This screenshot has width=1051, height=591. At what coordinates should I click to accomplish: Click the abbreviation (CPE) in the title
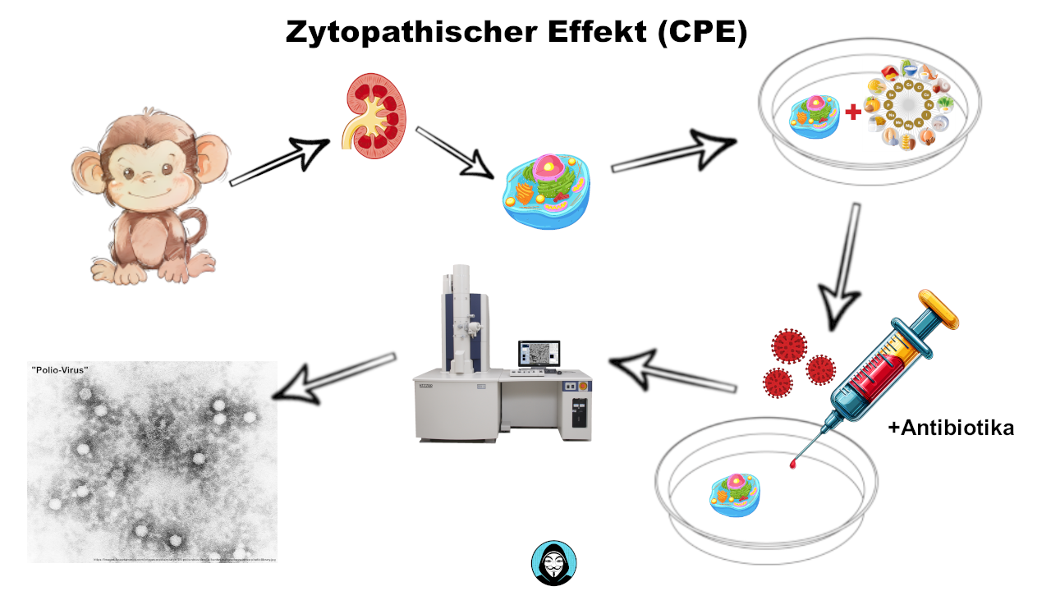pyautogui.click(x=703, y=33)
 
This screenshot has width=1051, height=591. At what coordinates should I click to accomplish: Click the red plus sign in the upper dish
pyautogui.click(x=854, y=111)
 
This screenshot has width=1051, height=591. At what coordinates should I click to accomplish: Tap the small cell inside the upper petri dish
pyautogui.click(x=814, y=115)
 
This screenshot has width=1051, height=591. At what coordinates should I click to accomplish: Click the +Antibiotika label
pyautogui.click(x=951, y=428)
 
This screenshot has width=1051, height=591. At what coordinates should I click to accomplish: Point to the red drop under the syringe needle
pyautogui.click(x=793, y=465)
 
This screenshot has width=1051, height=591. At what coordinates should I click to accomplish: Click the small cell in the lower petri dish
pyautogui.click(x=735, y=496)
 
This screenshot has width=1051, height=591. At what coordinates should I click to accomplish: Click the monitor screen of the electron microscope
pyautogui.click(x=539, y=353)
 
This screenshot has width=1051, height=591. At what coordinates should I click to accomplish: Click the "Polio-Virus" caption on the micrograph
pyautogui.click(x=59, y=370)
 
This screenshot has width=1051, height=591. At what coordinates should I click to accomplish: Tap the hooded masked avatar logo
pyautogui.click(x=553, y=564)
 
